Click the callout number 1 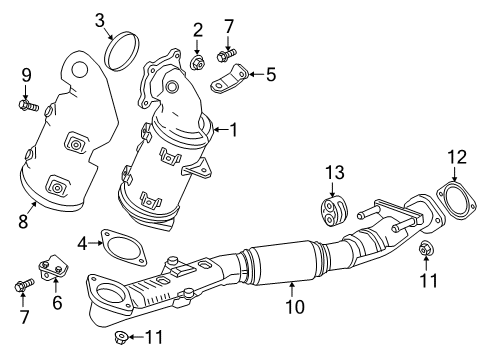pyautogui.click(x=233, y=129)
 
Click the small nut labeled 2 pyautogui.click(x=197, y=64)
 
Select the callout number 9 pyautogui.click(x=27, y=74)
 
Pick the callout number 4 pyautogui.click(x=86, y=242)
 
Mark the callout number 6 pyautogui.click(x=57, y=301)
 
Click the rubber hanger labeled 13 pyautogui.click(x=331, y=211)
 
